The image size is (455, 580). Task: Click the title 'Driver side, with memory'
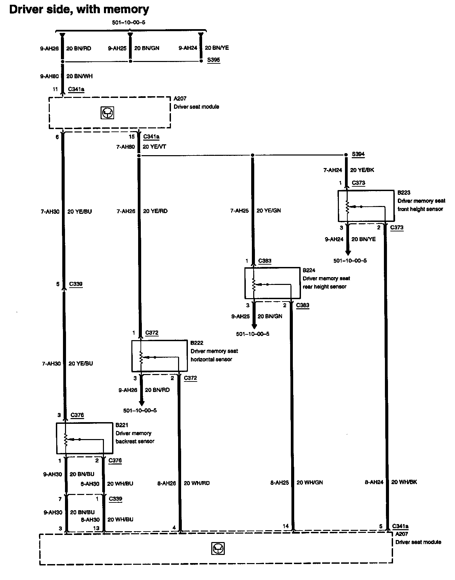pos(79,9)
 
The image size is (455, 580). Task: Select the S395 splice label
pos(214,60)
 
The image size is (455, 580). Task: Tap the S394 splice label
pos(358,154)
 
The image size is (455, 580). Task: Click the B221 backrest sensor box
pos(84,438)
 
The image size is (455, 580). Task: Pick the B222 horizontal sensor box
pos(159,356)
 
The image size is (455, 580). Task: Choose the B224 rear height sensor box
pos(273,283)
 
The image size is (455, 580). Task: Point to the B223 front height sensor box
pos(366,206)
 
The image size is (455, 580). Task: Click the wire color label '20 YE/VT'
pos(154,147)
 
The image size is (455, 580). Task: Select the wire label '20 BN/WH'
pos(79,76)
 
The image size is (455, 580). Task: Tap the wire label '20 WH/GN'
pos(309,482)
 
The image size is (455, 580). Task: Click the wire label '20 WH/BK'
pos(404,482)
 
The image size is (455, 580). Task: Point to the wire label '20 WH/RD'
pos(196,483)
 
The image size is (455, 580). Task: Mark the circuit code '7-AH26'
pos(126,211)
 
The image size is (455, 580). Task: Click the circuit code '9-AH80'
pos(49,76)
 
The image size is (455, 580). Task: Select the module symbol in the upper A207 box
pos(107,113)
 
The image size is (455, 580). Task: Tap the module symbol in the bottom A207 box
pos(218,548)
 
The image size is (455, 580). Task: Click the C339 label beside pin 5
pos(76,284)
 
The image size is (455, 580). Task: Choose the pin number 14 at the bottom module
pos(286,526)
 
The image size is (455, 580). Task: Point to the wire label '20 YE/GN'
pos(268,210)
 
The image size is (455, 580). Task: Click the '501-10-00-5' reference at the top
pos(129,23)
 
